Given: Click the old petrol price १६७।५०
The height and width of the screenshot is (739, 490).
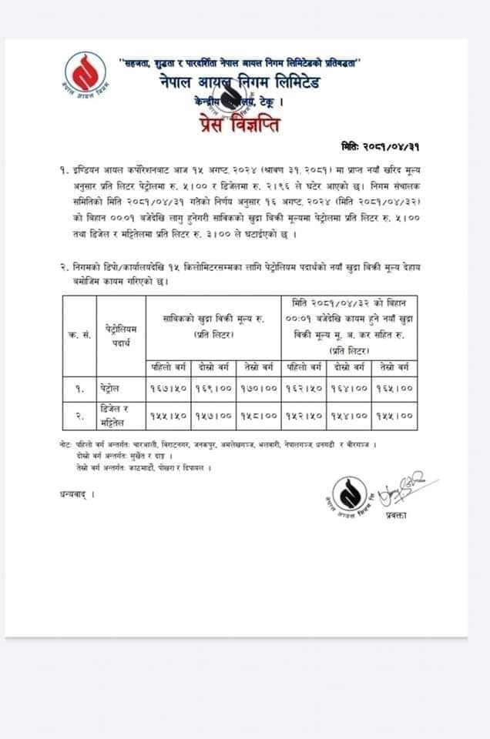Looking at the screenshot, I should (x=167, y=390).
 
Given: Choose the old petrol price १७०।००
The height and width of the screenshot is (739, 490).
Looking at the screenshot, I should (x=258, y=390).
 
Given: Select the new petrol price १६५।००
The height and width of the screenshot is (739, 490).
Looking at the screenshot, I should (x=394, y=390).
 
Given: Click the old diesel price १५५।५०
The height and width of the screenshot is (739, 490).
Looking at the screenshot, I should (x=167, y=416).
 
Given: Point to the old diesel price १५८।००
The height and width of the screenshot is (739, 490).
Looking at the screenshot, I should (x=258, y=416).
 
